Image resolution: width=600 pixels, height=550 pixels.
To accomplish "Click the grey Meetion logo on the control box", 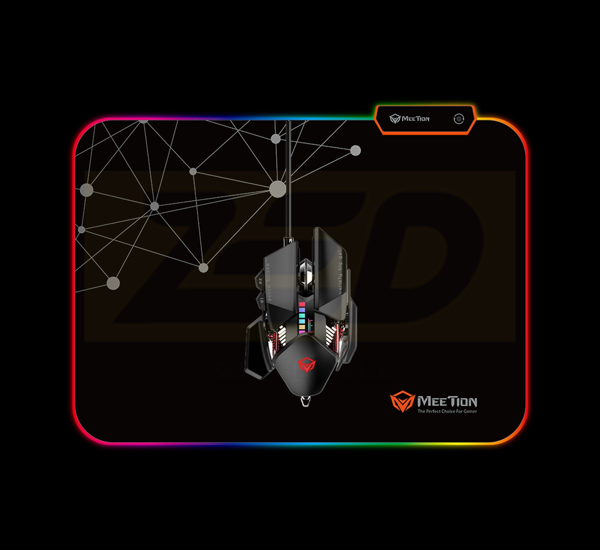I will tap(409, 119).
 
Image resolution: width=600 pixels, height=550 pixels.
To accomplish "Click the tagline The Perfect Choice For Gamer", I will tap(447, 411).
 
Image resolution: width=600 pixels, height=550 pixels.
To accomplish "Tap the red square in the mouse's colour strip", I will tap(302, 304).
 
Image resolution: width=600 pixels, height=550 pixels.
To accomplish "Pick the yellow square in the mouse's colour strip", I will tap(302, 327).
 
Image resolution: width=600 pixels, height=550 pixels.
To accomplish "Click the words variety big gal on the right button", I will tap(340, 273).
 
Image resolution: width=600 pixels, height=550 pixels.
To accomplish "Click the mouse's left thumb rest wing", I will tap(256, 350).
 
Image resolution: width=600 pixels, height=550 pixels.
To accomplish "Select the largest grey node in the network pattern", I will tap(277, 189).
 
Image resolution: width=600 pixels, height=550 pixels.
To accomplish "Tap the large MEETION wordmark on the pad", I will tap(447, 401).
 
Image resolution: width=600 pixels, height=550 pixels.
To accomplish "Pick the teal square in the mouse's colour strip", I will tap(302, 316).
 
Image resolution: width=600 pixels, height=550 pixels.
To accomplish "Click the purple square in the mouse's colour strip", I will tap(302, 310).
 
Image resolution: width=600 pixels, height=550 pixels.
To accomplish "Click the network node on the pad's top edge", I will tap(143, 121).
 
